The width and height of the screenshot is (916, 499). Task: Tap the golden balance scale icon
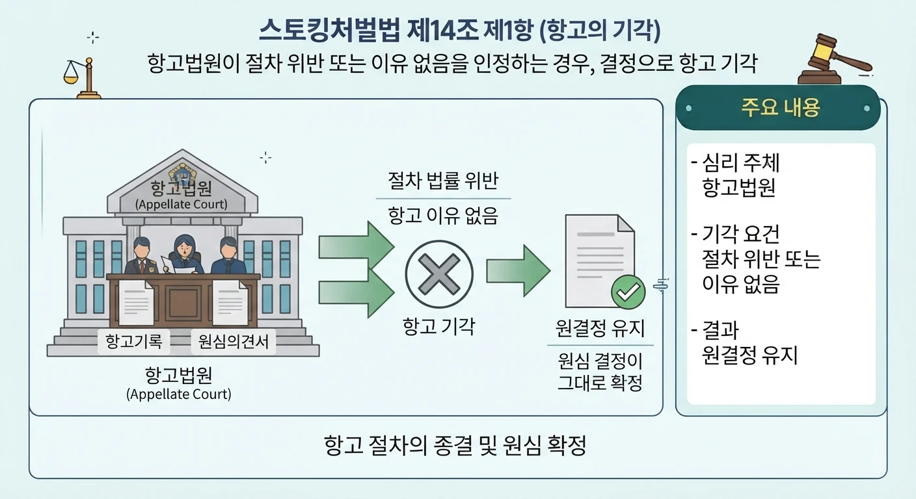pyautogui.click(x=83, y=78)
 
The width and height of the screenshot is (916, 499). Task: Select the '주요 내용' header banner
pyautogui.click(x=778, y=108)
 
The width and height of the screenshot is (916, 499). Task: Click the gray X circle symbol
pyautogui.click(x=439, y=274)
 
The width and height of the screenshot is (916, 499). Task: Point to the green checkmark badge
pyautogui.click(x=628, y=292)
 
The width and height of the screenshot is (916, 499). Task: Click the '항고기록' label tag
pyautogui.click(x=134, y=341)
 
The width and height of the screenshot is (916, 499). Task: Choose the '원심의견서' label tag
pyautogui.click(x=234, y=341)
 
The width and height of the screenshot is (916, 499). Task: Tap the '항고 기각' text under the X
pyautogui.click(x=438, y=326)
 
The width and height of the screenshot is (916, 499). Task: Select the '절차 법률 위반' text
pyautogui.click(x=443, y=181)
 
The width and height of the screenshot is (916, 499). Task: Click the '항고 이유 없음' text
pyautogui.click(x=443, y=216)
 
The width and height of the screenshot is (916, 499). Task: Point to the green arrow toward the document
pyautogui.click(x=518, y=271)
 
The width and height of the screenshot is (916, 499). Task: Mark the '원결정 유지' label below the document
pyautogui.click(x=600, y=328)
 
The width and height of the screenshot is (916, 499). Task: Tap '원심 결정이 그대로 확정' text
pyautogui.click(x=600, y=372)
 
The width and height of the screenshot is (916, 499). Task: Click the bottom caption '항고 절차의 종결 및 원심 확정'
pyautogui.click(x=455, y=445)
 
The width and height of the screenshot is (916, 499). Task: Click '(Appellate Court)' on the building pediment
pyautogui.click(x=181, y=204)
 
